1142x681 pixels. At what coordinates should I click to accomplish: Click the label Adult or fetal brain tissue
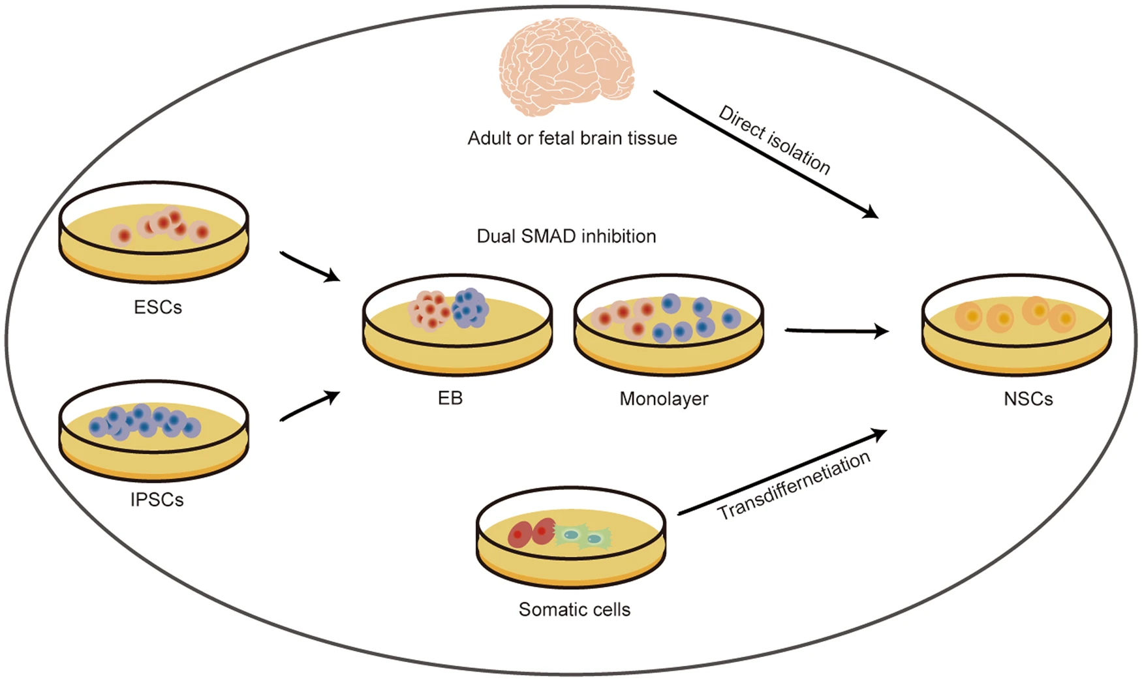click(572, 138)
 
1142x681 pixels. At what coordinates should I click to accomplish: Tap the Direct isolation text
click(775, 140)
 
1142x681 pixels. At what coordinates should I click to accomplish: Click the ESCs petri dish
click(154, 233)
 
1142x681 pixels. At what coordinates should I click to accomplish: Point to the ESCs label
click(158, 307)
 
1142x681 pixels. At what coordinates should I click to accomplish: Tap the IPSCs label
click(157, 500)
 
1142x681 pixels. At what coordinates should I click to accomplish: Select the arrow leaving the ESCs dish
click(310, 266)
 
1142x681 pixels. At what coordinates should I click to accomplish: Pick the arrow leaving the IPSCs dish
click(310, 406)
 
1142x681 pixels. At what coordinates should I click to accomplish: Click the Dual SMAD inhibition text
click(566, 236)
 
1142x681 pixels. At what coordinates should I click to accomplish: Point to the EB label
click(450, 398)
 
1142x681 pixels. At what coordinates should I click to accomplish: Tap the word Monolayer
click(664, 399)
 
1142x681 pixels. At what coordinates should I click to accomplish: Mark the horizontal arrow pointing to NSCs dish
click(836, 331)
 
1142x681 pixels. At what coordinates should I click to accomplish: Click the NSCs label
click(1028, 399)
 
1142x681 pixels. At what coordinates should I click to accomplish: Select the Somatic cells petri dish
click(571, 536)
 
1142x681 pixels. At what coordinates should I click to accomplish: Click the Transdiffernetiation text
click(794, 486)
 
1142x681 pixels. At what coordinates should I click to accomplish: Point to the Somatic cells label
click(574, 610)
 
